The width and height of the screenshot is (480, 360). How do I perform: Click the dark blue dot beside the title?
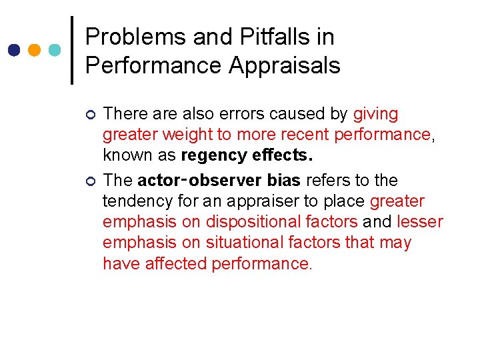[x=15, y=50]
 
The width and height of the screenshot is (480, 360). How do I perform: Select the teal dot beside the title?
[x=55, y=50]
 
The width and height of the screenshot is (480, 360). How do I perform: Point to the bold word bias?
[x=285, y=181]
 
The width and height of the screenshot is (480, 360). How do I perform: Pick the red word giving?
[x=375, y=114]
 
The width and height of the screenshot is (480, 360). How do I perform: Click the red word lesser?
[x=420, y=222]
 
